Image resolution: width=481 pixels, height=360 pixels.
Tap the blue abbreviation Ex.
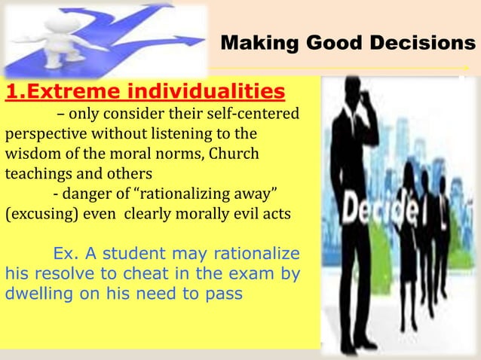click(x=63, y=252)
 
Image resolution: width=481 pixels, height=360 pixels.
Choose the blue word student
click(x=121, y=252)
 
